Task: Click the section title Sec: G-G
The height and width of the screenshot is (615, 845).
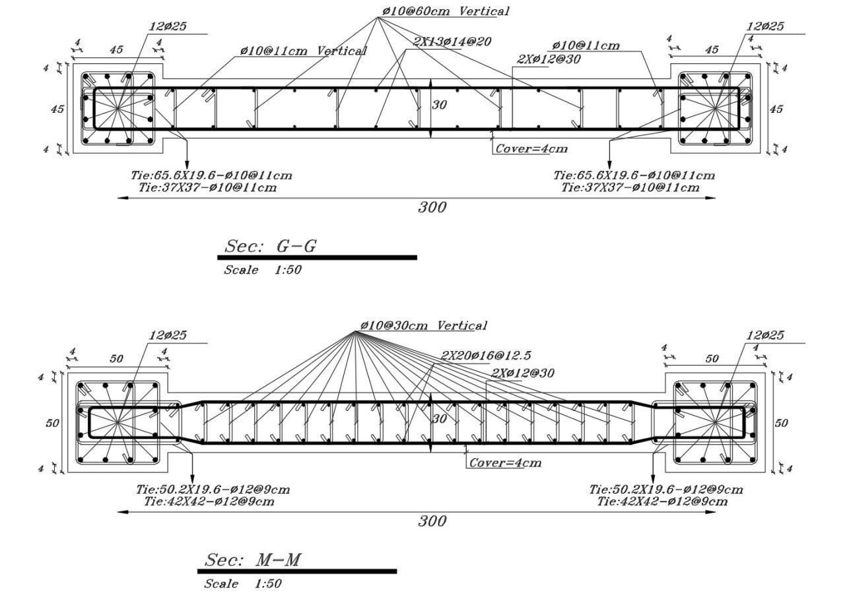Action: (270, 247)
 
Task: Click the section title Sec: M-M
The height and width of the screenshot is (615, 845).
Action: (252, 560)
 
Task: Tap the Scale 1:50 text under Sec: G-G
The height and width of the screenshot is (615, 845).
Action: (263, 270)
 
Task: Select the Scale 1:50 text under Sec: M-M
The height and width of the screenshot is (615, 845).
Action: (242, 584)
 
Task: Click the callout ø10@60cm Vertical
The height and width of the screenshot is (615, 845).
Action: (446, 11)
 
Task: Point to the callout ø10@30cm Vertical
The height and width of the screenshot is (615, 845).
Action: (424, 325)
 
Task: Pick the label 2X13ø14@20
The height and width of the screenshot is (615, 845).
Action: (452, 42)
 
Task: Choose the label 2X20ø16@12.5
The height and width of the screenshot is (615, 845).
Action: (486, 355)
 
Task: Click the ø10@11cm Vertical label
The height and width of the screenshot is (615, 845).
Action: (303, 51)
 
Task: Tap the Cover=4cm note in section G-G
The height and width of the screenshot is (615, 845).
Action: (531, 148)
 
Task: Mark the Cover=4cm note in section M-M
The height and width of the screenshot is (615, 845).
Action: (506, 463)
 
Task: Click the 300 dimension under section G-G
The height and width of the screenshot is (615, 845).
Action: (432, 207)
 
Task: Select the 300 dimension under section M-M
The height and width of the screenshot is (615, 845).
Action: (432, 521)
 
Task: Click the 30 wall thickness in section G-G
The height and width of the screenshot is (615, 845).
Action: (439, 105)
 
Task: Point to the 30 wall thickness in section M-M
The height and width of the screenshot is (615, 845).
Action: (440, 418)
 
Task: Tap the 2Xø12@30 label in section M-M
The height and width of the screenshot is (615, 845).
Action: (522, 373)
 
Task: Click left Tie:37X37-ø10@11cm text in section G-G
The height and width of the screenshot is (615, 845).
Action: (207, 187)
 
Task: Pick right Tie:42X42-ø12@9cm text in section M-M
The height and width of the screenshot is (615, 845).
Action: (662, 502)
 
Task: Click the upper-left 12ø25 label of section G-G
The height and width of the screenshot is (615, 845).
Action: (168, 26)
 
